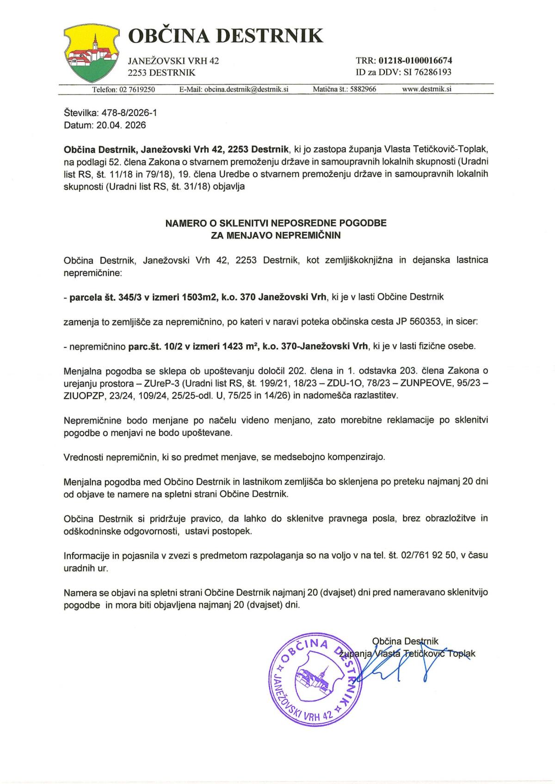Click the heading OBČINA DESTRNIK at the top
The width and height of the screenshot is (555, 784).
click(x=225, y=36)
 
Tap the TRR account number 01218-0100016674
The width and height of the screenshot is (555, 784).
click(x=415, y=61)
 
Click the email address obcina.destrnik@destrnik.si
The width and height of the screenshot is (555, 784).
click(x=247, y=90)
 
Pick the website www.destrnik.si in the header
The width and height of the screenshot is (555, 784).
click(x=427, y=90)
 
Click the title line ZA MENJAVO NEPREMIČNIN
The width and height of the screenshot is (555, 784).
click(x=276, y=235)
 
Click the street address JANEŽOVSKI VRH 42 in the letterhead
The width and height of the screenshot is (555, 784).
click(x=173, y=61)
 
